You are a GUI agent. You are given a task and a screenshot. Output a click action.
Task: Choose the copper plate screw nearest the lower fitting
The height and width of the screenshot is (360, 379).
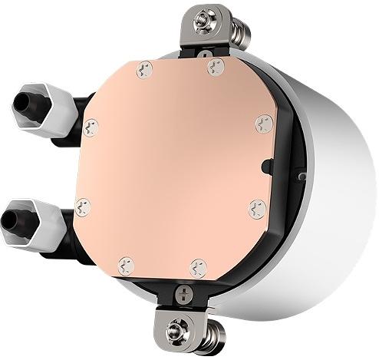82,206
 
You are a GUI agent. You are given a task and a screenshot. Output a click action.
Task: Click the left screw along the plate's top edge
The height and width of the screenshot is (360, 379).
143,71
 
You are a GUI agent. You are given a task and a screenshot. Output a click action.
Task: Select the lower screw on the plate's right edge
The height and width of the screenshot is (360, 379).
257,208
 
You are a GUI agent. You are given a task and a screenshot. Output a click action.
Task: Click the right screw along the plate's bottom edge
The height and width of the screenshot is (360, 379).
198,268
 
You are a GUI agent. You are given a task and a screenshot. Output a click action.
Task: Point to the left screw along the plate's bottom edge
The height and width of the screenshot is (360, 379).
126,266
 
